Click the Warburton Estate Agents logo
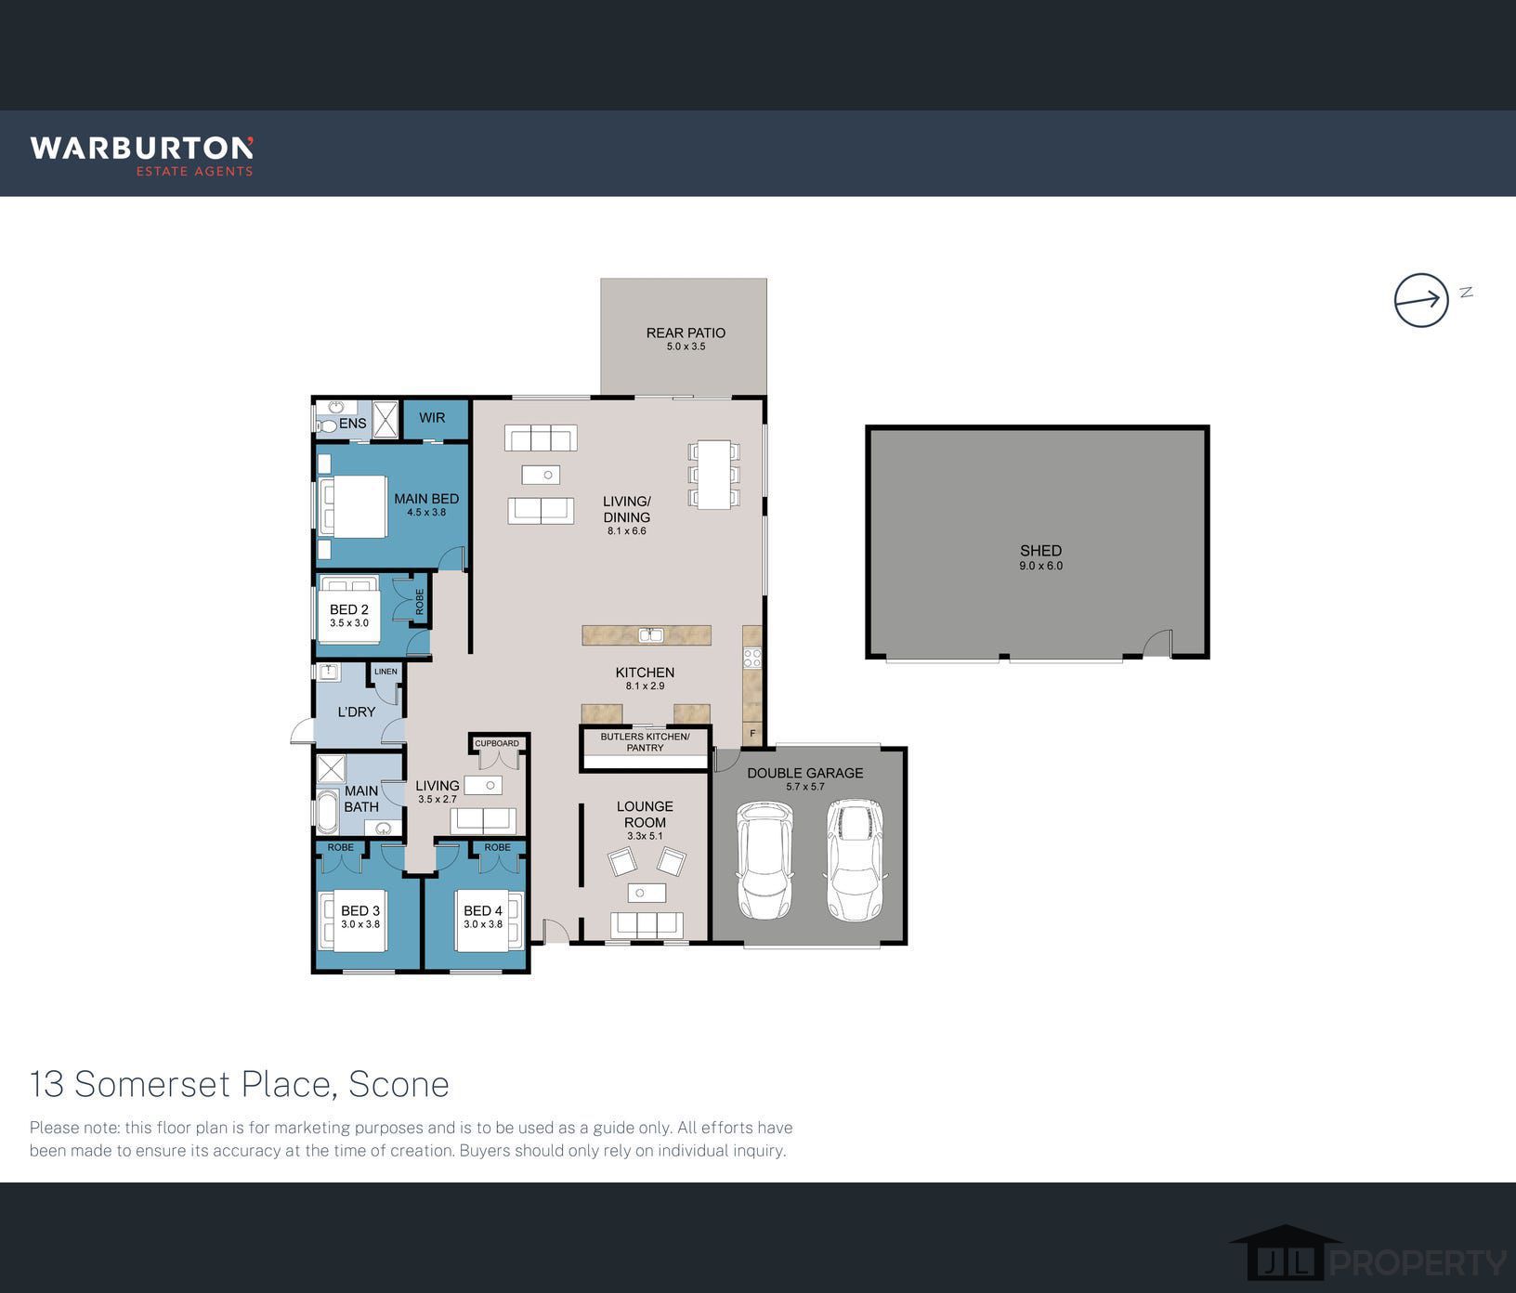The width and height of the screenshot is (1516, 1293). tap(141, 155)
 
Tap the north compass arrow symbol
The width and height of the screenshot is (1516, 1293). tap(1421, 300)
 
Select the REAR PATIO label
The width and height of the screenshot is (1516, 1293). tap(686, 333)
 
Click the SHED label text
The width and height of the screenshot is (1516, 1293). tap(1040, 551)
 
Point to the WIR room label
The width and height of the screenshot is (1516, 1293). tap(432, 418)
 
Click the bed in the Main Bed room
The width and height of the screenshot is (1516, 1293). tap(353, 506)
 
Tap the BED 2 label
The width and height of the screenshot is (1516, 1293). tap(349, 610)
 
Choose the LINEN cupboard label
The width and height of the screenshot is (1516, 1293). tap(386, 672)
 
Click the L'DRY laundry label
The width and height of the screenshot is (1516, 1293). tap(356, 712)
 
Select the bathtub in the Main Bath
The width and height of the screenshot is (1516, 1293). tap(328, 811)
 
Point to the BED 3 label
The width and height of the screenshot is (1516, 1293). tap(360, 911)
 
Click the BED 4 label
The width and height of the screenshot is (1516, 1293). tap(483, 911)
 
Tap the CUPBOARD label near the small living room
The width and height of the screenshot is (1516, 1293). tap(497, 743)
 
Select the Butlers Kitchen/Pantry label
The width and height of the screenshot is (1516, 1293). tap(645, 742)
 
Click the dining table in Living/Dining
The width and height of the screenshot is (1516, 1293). tap(714, 475)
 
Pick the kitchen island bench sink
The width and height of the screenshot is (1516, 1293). tap(650, 635)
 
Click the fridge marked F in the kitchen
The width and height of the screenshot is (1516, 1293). tap(752, 734)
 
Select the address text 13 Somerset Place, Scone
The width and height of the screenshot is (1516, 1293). tap(240, 1084)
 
